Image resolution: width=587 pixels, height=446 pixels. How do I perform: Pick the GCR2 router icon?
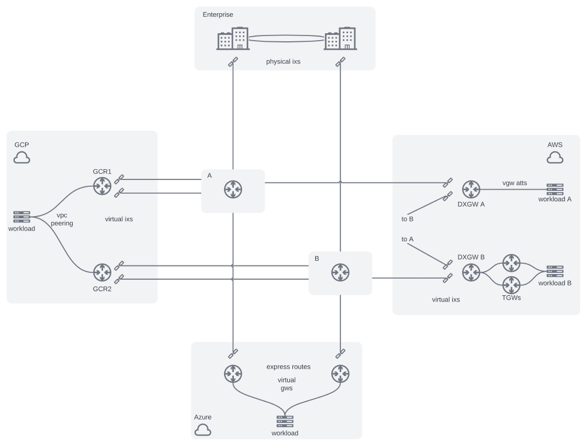(102, 272)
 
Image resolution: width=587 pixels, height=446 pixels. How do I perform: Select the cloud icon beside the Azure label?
(202, 429)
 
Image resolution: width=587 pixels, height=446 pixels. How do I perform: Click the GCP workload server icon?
(22, 217)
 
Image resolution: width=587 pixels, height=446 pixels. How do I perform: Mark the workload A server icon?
(555, 189)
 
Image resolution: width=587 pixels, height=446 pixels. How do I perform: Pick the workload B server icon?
(555, 272)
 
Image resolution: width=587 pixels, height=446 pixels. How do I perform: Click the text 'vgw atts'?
(514, 183)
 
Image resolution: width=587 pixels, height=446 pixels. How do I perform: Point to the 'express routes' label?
(288, 366)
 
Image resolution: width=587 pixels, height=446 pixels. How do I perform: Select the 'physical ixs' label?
(283, 61)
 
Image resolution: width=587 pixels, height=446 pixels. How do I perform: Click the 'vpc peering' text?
(62, 219)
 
